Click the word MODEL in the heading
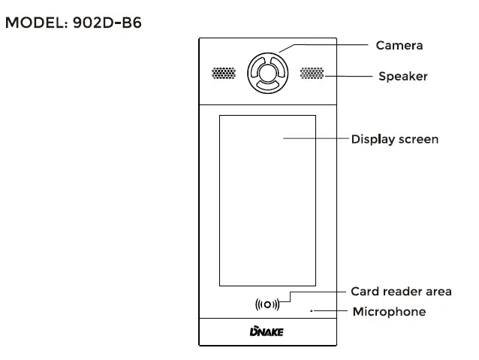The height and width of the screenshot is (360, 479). [36, 23]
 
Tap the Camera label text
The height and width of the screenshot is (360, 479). [399, 45]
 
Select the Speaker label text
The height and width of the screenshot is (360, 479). [402, 76]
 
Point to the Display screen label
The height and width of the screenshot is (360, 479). [395, 139]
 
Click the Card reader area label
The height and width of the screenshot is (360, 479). [401, 292]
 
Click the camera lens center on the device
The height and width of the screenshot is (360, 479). [267, 73]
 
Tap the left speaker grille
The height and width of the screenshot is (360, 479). [223, 74]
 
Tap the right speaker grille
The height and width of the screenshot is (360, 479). [312, 74]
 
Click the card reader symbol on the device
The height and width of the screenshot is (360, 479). [267, 304]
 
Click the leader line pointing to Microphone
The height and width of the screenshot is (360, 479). [330, 310]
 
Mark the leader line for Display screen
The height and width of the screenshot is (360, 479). [315, 139]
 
